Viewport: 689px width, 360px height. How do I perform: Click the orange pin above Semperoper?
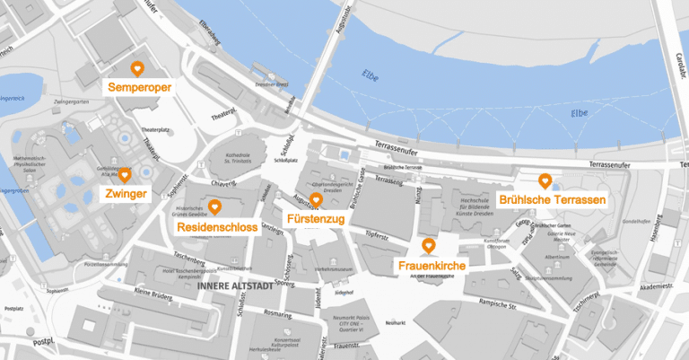137,68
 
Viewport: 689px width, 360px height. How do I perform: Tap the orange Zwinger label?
126,194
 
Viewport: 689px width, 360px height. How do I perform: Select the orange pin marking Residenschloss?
215,210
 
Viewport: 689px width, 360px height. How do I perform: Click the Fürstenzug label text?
315,219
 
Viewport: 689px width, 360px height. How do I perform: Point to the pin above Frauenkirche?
429,245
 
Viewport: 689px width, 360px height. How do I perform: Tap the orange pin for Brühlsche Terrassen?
544,180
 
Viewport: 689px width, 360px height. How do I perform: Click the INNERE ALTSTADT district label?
232,287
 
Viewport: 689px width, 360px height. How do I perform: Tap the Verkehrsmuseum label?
332,268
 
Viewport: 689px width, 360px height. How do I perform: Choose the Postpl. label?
42,342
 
